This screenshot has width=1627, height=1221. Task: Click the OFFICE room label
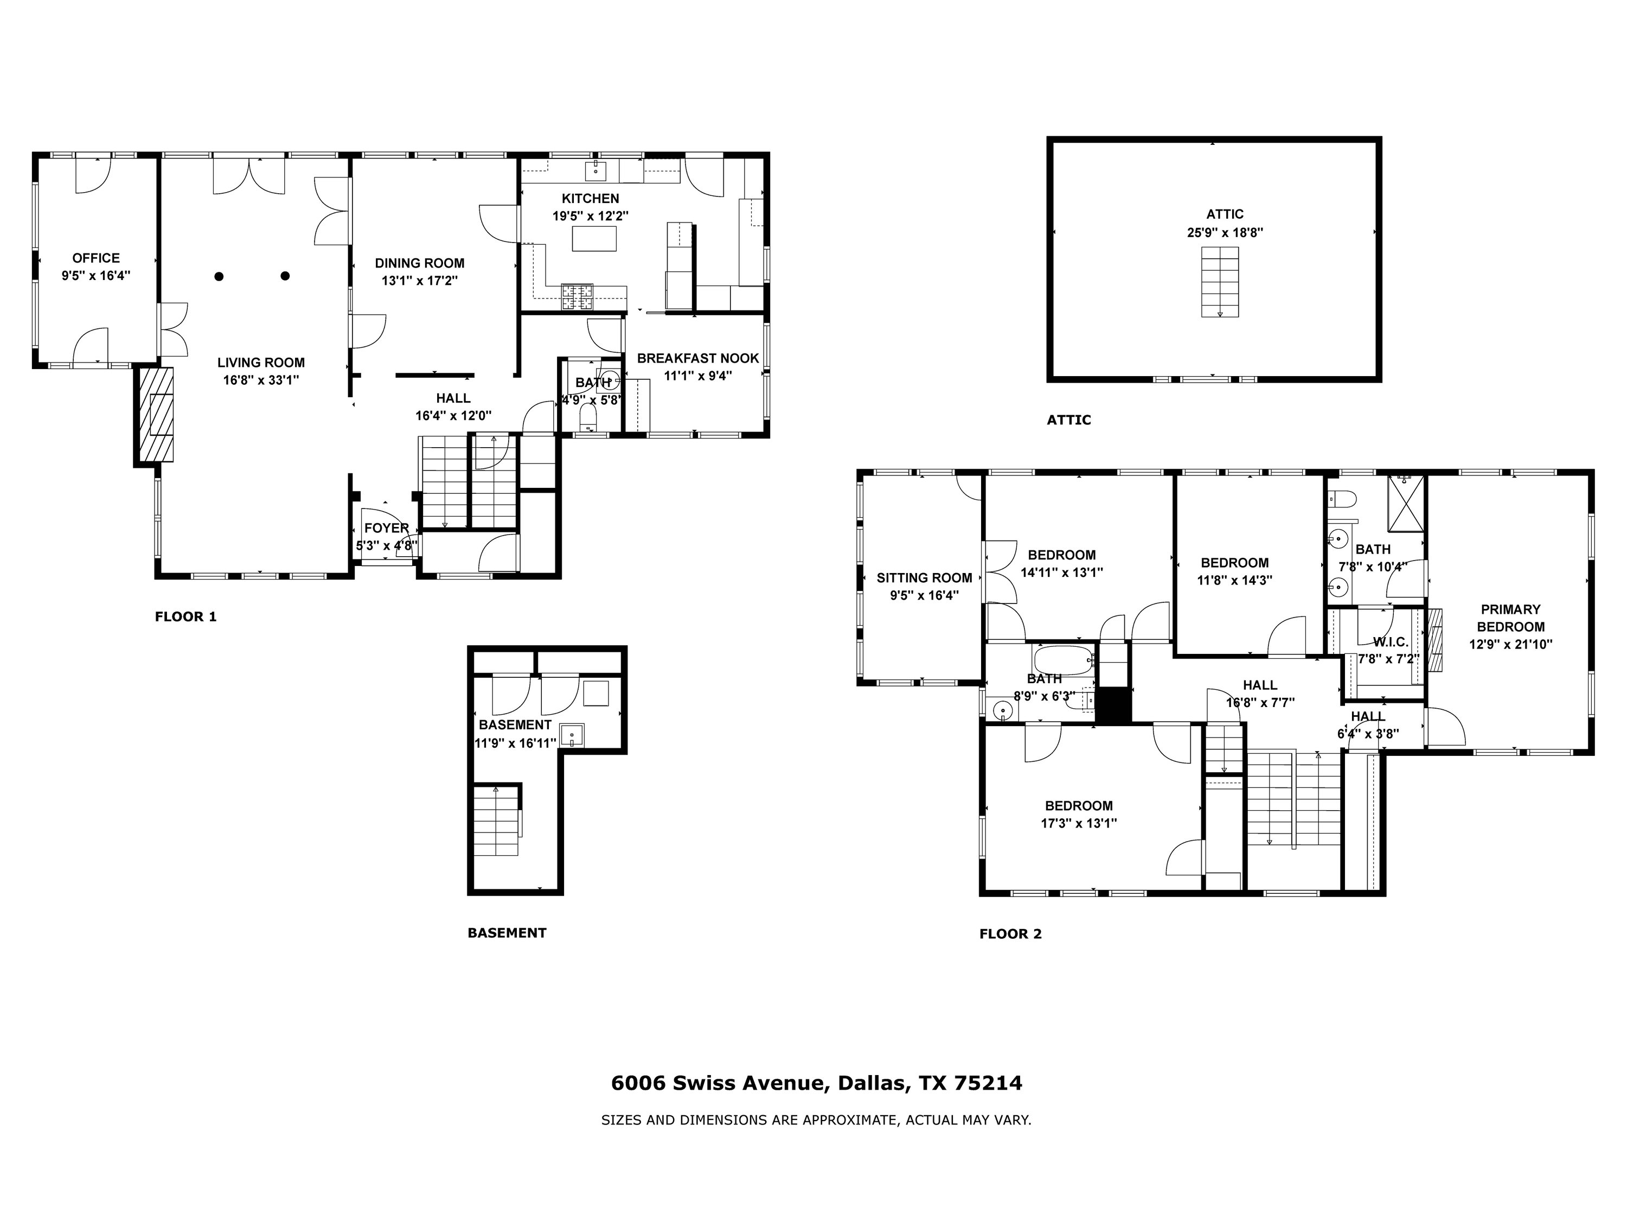click(95, 258)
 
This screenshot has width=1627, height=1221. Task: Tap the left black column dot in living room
click(219, 277)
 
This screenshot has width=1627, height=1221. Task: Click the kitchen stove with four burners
click(578, 297)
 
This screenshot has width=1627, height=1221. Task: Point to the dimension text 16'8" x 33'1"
click(261, 380)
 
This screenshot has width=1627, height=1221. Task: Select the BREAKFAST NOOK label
click(697, 358)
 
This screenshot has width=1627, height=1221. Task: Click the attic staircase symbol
click(1220, 282)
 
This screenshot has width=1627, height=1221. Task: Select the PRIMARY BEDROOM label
click(1510, 618)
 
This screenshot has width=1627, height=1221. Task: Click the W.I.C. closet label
click(1389, 642)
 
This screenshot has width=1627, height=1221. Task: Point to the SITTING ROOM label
click(924, 578)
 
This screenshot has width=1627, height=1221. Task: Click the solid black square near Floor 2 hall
click(1113, 705)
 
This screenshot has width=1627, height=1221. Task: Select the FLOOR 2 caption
click(1010, 934)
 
